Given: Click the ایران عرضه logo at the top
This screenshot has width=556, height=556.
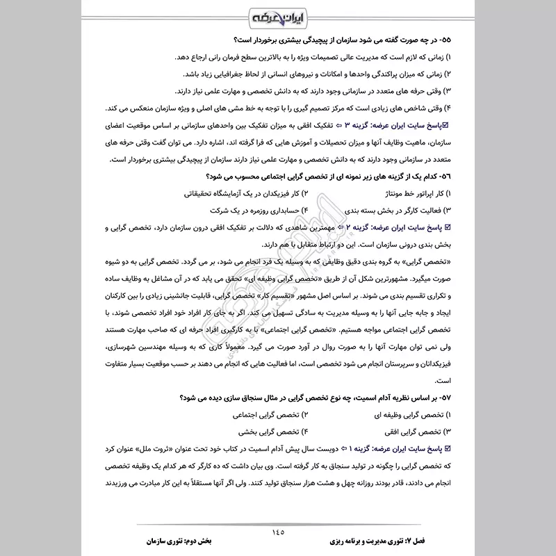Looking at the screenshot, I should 278,17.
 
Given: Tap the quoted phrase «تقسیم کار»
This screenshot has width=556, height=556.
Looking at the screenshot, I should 291,313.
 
